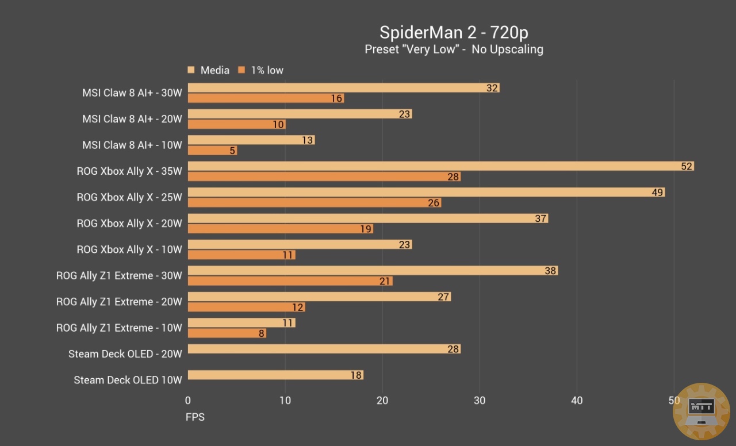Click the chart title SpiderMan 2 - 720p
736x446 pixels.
(454, 32)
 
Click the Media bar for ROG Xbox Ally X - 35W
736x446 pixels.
(440, 166)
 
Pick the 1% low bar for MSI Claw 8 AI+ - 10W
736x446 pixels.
(212, 151)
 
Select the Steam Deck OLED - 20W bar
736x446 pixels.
(324, 349)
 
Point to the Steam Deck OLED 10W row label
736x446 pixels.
(128, 380)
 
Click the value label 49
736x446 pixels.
(658, 193)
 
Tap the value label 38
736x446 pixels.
(550, 271)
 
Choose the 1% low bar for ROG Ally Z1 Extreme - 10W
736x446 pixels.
(227, 333)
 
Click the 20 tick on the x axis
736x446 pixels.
(382, 401)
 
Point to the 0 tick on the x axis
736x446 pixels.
(188, 401)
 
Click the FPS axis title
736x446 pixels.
(195, 417)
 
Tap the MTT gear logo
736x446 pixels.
(701, 411)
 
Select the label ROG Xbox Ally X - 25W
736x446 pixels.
(129, 197)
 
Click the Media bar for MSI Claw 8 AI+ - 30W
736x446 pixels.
(343, 88)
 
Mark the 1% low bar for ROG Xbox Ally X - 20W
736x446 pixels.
(280, 229)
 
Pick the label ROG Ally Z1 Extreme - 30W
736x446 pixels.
(119, 276)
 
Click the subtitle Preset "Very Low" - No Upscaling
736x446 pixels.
(454, 49)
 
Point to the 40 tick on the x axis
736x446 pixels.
(577, 401)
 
